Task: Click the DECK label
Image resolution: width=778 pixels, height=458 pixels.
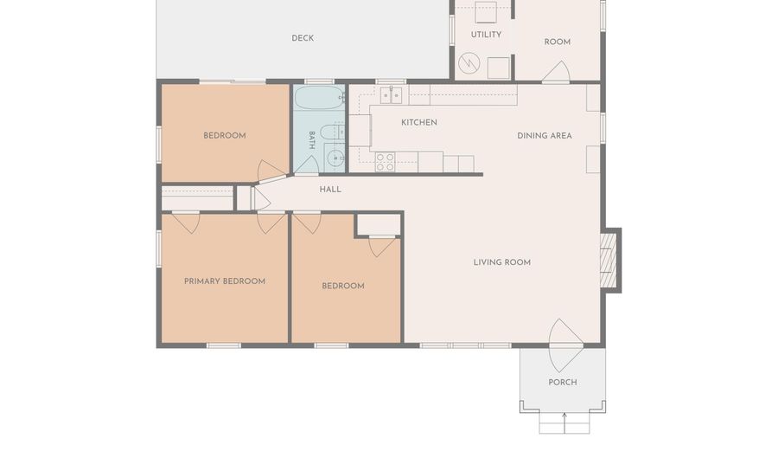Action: click(303, 38)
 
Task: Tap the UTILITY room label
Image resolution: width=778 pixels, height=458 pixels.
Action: click(486, 35)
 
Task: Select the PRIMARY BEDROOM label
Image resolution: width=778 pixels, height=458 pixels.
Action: click(224, 281)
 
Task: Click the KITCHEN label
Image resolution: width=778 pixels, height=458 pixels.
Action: click(418, 122)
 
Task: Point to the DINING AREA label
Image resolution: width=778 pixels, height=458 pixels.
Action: click(545, 136)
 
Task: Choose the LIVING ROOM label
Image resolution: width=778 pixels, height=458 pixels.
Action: click(501, 262)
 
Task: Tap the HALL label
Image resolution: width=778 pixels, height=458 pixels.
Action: click(330, 190)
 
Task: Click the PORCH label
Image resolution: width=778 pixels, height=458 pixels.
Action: click(562, 383)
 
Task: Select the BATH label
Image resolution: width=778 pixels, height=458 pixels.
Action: click(311, 140)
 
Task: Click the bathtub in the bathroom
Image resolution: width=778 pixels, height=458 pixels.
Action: click(319, 97)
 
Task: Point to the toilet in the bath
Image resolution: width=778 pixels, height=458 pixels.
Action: click(331, 132)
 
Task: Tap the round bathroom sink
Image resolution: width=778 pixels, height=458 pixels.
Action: click(335, 158)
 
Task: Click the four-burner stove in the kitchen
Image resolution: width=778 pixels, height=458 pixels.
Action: click(385, 162)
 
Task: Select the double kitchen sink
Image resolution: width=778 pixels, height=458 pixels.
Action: click(391, 95)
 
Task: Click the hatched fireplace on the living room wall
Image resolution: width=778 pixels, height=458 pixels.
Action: click(609, 261)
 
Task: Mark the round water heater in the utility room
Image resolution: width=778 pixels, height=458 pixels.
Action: click(469, 63)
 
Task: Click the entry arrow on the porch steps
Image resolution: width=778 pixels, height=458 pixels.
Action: click(564, 423)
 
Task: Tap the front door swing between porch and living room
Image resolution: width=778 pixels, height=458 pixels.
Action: click(565, 345)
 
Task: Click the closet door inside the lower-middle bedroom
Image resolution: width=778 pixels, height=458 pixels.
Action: click(382, 247)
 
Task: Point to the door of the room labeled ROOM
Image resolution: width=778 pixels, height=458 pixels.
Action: click(556, 70)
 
